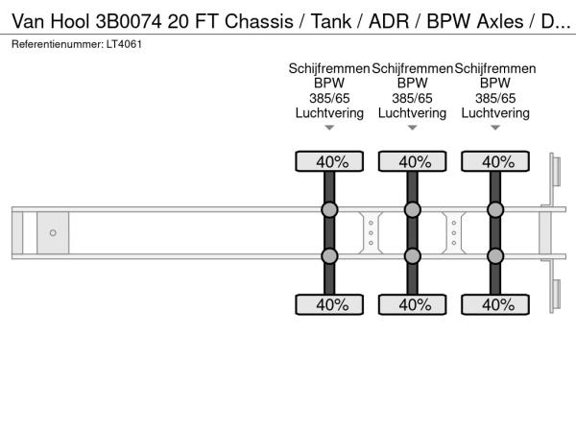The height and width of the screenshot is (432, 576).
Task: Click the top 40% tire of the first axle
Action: tap(329, 161)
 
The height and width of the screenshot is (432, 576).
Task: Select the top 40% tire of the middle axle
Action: tap(413, 161)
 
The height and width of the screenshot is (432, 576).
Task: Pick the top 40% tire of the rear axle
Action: tap(495, 161)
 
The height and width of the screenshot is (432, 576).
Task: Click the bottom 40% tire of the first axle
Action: tap(329, 304)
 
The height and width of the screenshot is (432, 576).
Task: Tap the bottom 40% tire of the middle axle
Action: tap(413, 304)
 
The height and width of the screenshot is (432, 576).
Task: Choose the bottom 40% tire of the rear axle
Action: tap(495, 304)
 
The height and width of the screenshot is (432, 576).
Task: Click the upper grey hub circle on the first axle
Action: tap(329, 210)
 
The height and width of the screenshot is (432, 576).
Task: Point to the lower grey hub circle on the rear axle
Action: tap(495, 255)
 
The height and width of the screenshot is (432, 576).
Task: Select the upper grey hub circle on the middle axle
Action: tap(413, 210)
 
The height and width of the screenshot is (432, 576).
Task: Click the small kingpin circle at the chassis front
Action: tap(53, 233)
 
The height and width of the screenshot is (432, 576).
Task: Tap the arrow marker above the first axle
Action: tap(329, 128)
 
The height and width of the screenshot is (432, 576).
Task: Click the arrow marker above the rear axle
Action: tap(495, 128)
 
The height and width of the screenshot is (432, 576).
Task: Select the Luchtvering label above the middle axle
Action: tap(413, 113)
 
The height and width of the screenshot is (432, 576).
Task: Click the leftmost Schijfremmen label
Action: tap(329, 69)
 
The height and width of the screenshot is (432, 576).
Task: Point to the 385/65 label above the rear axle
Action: tap(495, 99)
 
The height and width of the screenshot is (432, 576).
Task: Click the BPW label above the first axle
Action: tap(329, 84)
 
